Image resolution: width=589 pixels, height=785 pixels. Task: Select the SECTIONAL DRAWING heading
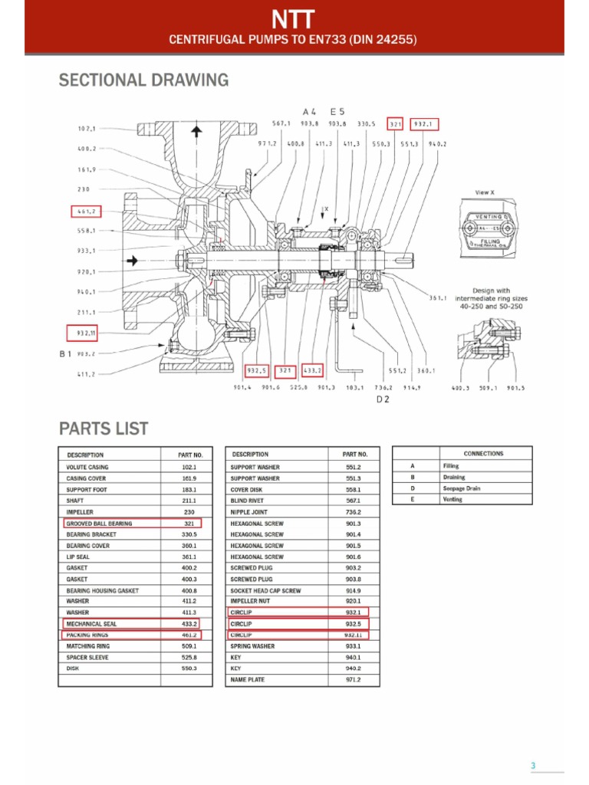click(x=143, y=80)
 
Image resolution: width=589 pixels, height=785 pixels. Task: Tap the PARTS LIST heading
click(x=104, y=429)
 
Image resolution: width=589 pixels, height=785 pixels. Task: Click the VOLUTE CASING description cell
click(x=87, y=467)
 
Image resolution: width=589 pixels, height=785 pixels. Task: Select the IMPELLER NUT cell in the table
click(x=248, y=602)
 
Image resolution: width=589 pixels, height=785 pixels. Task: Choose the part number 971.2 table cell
click(x=353, y=680)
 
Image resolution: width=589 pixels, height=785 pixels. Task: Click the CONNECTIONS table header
click(x=483, y=454)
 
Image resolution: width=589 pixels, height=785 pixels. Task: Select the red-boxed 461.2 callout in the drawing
click(x=86, y=211)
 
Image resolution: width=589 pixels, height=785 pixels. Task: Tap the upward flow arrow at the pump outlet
click(x=196, y=131)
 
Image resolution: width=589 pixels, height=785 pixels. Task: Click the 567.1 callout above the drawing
click(x=281, y=124)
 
